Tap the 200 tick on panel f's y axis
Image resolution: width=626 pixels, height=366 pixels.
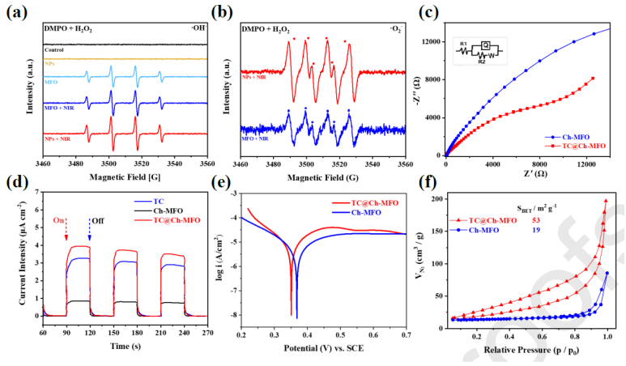437,198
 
